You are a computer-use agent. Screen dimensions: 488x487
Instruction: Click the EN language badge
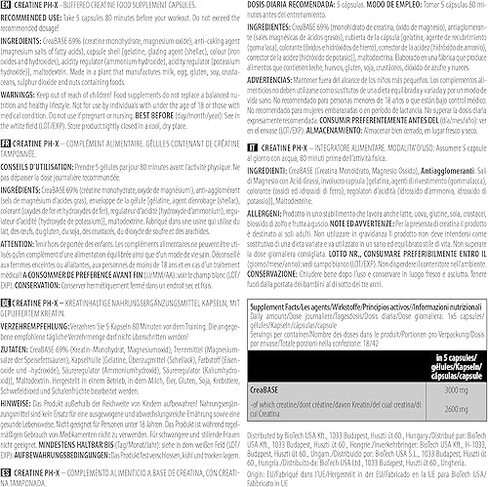click(8, 6)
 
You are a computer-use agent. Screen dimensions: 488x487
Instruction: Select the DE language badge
click(8, 275)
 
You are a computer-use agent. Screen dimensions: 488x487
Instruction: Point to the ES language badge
click(8, 476)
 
